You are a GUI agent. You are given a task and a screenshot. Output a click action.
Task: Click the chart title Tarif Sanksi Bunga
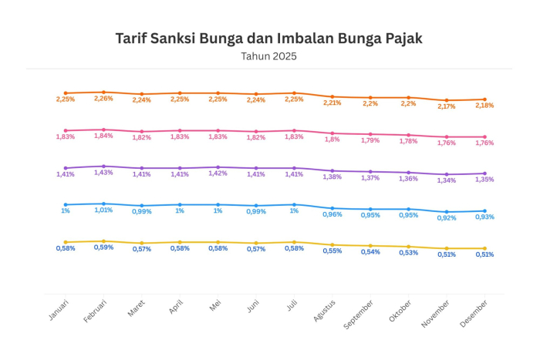coord(268,38)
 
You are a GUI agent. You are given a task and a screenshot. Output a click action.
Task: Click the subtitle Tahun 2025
coord(268,56)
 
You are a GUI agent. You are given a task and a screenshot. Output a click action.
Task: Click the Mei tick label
coord(216,308)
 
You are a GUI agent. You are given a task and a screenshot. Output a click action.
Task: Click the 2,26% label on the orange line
coord(103,99)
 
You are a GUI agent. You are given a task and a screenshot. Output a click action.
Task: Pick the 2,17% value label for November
coord(446,106)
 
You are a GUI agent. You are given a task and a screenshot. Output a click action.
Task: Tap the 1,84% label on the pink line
coord(103,136)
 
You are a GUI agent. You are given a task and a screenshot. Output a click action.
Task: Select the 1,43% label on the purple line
coord(103,173)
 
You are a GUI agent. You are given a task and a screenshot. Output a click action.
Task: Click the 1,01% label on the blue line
coord(103,210)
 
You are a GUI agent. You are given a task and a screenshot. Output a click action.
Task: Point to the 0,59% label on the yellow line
coord(103,247)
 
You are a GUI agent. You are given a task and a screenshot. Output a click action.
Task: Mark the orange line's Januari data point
coord(66,93)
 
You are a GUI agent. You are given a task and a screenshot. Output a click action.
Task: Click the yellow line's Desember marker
coord(484,249)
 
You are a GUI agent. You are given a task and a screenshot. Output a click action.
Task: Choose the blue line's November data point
coord(447,212)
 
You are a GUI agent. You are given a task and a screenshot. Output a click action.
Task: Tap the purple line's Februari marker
coord(103,167)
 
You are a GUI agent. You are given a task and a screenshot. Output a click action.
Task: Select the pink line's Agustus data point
coord(332,133)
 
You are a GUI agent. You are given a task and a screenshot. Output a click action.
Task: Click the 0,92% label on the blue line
coord(446,218)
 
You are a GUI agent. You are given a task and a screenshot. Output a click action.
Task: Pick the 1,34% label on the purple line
coord(446,180)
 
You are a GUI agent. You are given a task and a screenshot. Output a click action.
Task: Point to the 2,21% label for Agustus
coord(332,103)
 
